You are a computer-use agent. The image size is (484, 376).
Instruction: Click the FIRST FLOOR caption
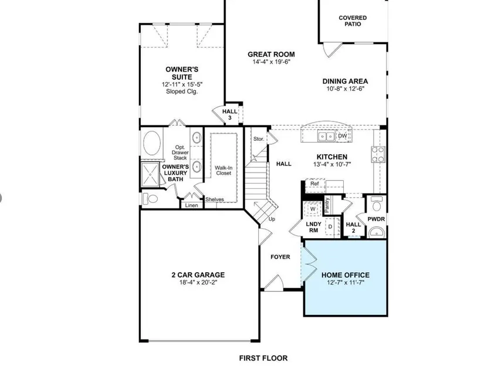pyautogui.click(x=263, y=358)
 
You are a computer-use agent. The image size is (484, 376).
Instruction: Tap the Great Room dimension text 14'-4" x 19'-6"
pyautogui.click(x=271, y=62)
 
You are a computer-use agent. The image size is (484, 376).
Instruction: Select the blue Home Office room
pyautogui.click(x=346, y=278)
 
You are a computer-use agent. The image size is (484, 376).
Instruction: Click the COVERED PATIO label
pyautogui.click(x=353, y=21)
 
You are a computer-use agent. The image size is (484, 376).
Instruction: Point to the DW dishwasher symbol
pyautogui.click(x=343, y=136)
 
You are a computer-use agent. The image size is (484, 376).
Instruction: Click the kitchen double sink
pyautogui.click(x=326, y=136)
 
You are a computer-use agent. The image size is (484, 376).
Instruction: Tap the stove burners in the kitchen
pyautogui.click(x=378, y=154)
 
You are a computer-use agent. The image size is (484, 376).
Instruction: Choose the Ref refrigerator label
pyautogui.click(x=314, y=184)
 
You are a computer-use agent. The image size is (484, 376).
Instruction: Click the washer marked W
pyautogui.click(x=313, y=209)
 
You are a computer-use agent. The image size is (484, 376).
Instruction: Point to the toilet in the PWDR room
pyautogui.click(x=376, y=204)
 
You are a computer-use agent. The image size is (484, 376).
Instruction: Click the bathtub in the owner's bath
pyautogui.click(x=152, y=144)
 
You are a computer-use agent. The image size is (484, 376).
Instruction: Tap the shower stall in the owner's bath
pyautogui.click(x=150, y=175)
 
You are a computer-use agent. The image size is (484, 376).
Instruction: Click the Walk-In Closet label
pyautogui.click(x=224, y=171)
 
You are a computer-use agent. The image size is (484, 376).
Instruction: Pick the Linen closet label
pyautogui.click(x=191, y=205)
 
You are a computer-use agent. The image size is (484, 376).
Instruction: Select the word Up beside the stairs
pyautogui.click(x=272, y=219)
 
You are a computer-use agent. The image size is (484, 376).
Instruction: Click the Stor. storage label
pyautogui.click(x=259, y=139)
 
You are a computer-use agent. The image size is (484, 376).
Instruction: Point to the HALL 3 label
pyautogui.click(x=230, y=114)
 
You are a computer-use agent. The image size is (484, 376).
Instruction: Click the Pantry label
pyautogui.click(x=327, y=205)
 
